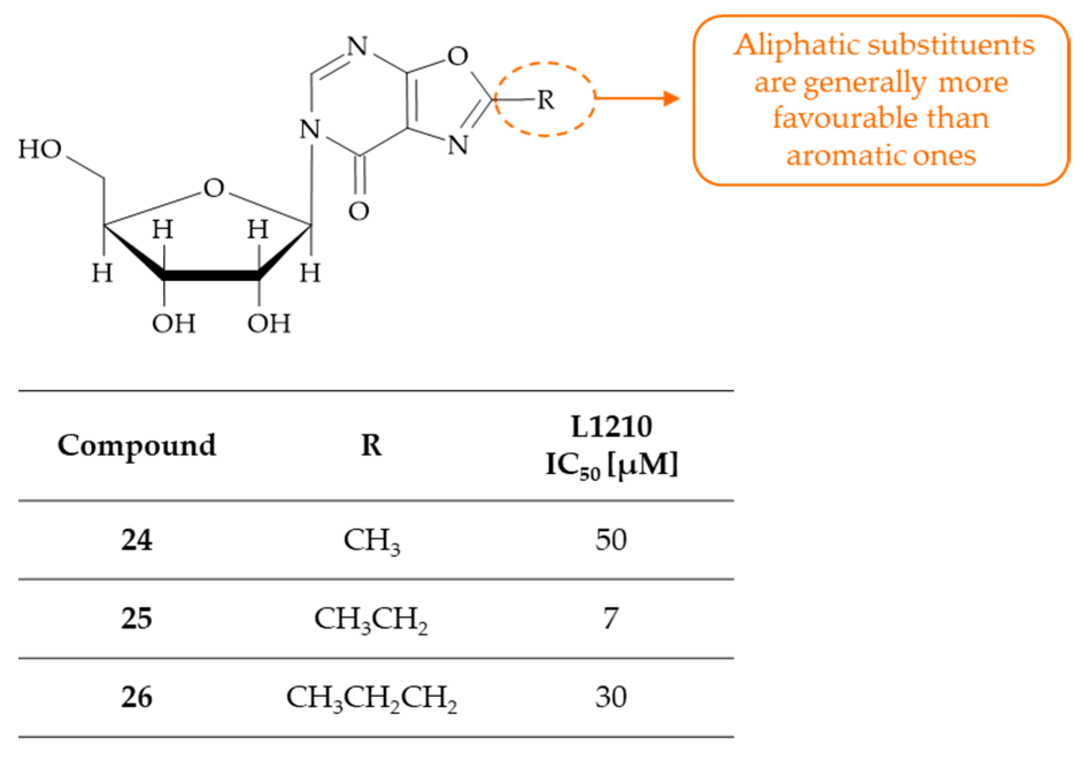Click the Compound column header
(x=137, y=445)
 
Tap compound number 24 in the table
(x=137, y=540)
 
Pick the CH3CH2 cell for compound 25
(x=371, y=619)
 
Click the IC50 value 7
(x=611, y=619)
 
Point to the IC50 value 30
(x=611, y=698)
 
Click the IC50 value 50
(x=611, y=540)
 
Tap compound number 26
(x=137, y=698)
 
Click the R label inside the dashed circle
(x=546, y=101)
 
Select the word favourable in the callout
(x=827, y=118)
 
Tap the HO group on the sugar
(x=40, y=149)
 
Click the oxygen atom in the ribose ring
(x=214, y=188)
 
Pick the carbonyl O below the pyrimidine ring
(x=358, y=211)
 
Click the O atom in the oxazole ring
(x=458, y=56)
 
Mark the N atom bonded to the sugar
(x=310, y=130)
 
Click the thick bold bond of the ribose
(x=211, y=276)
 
